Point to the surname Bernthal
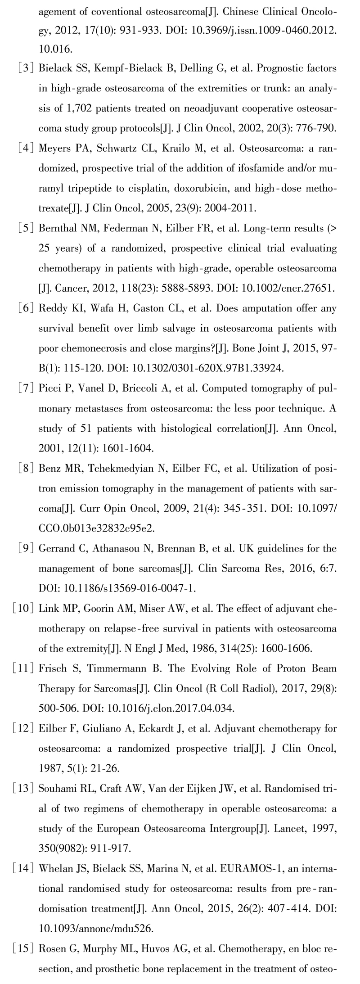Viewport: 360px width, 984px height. pyautogui.click(x=58, y=229)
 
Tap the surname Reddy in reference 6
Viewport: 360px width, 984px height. pyautogui.click(x=52, y=309)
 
